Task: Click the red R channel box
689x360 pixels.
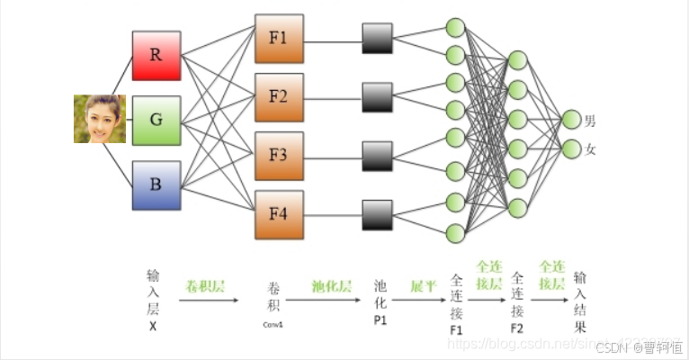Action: [157, 55]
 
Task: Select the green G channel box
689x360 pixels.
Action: [157, 120]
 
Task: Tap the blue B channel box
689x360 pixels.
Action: [157, 184]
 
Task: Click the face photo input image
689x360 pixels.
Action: [99, 120]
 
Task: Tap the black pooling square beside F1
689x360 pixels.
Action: [378, 39]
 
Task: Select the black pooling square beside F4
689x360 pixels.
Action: [378, 214]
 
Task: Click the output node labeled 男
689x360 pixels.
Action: [571, 120]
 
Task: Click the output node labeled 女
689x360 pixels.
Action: [571, 148]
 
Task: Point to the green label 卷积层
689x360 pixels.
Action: [205, 287]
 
